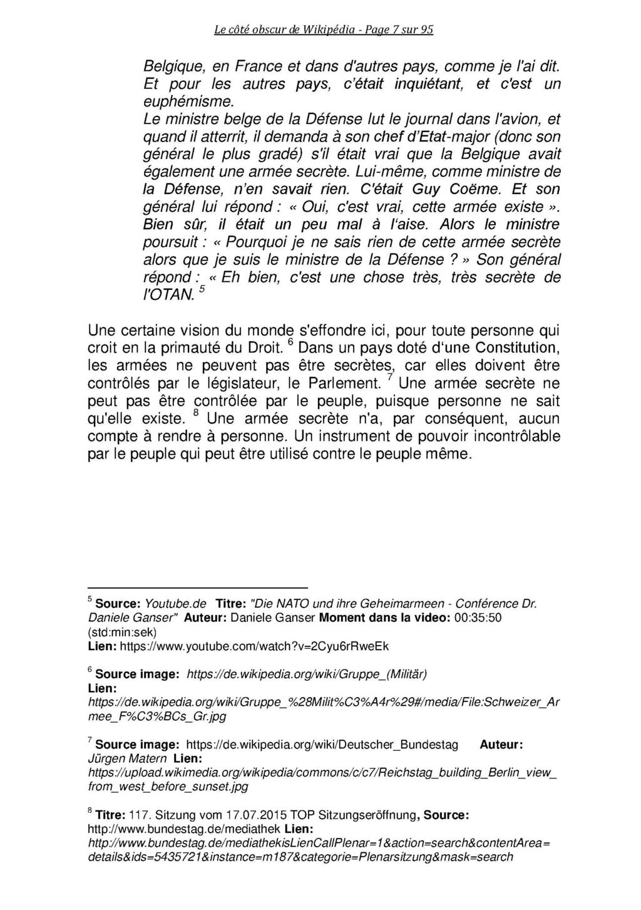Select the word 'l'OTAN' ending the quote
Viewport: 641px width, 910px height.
(168, 294)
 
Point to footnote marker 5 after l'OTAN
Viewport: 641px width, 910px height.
(201, 289)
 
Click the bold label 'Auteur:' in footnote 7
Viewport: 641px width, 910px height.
(501, 745)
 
